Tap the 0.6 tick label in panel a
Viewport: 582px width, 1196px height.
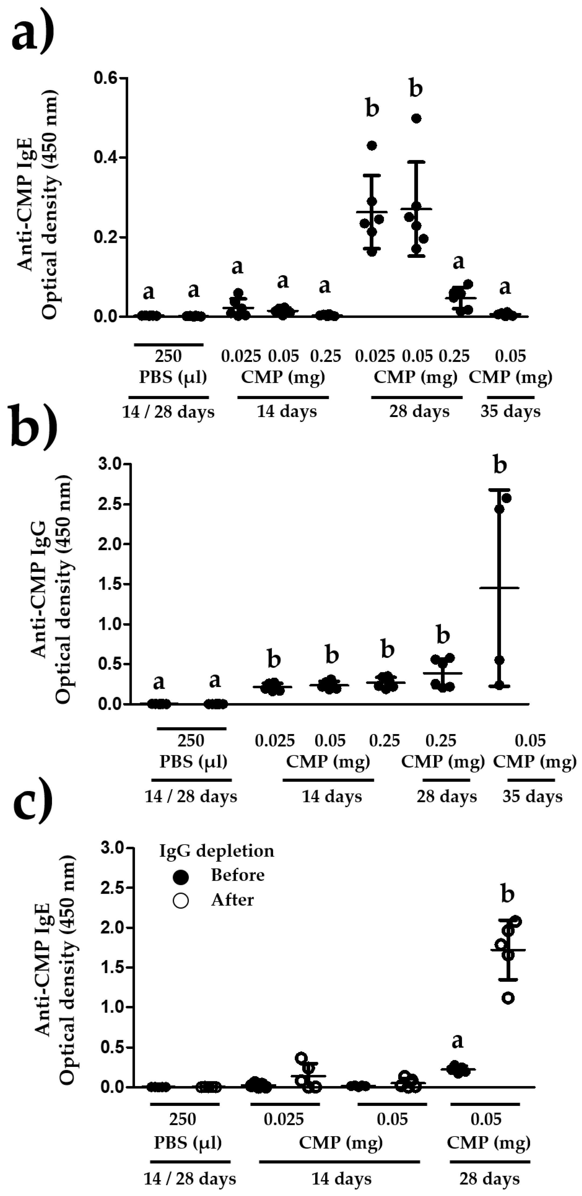[106, 78]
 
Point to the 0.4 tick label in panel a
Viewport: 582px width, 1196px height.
[106, 157]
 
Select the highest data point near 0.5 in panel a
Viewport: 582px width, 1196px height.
[417, 118]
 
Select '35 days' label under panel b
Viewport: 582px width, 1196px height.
[532, 797]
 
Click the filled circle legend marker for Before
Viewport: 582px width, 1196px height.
[181, 877]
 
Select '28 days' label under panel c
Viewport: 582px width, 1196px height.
[489, 1179]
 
